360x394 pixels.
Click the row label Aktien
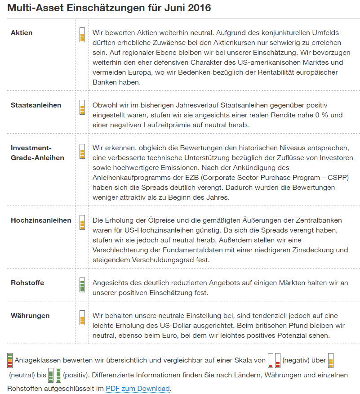(x=22, y=33)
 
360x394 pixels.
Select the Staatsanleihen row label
(x=36, y=105)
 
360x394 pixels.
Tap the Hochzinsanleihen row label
(x=41, y=220)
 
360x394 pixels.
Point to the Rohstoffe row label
(x=27, y=283)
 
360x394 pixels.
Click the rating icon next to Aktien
(x=82, y=35)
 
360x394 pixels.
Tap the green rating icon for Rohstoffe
(x=82, y=285)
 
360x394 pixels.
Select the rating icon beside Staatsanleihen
(x=82, y=107)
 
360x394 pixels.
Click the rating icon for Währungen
(x=82, y=318)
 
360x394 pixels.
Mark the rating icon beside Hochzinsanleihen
(x=82, y=222)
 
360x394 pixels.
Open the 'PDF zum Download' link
(x=138, y=389)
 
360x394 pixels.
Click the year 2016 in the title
(x=199, y=8)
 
